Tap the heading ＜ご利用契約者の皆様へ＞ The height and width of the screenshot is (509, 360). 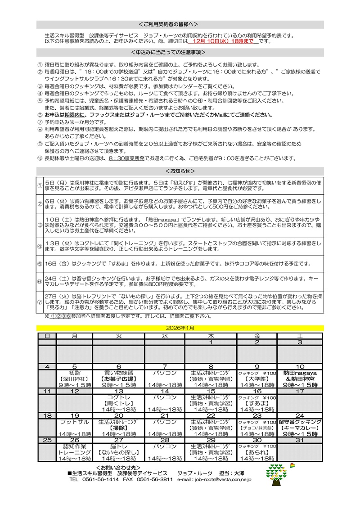(180, 24)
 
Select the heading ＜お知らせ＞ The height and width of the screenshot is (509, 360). (180, 171)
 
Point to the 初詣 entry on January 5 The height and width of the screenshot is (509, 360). (75, 373)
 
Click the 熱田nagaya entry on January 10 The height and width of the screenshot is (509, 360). (300, 373)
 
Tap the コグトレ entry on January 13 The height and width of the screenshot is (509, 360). (119, 398)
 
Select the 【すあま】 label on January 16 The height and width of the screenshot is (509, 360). (257, 404)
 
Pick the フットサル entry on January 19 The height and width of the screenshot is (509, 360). (75, 422)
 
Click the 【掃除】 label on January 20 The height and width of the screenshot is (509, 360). (119, 428)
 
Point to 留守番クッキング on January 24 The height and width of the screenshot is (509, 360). (300, 422)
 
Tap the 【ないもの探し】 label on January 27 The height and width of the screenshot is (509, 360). (119, 453)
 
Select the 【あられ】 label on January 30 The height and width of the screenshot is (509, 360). (257, 453)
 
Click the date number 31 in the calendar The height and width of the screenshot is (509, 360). (300, 440)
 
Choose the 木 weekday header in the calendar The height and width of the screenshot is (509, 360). (211, 336)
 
